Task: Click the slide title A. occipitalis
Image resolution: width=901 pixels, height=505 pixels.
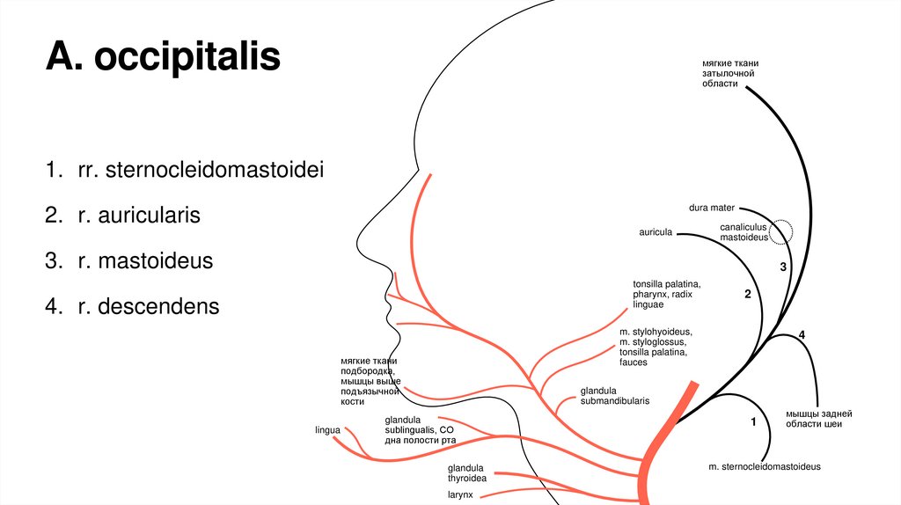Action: coord(164,57)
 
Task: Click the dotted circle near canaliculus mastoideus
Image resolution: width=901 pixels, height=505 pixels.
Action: coord(780,231)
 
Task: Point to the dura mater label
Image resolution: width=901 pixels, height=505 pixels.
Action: coord(711,208)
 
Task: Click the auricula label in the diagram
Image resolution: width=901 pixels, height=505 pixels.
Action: coord(656,232)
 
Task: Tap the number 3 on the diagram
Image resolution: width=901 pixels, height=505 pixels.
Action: coord(781,266)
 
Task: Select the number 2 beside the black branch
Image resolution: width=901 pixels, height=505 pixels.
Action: coord(747,295)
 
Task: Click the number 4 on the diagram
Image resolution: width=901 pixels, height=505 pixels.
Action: coord(802,334)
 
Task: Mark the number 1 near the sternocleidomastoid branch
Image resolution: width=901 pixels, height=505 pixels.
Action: coord(753,422)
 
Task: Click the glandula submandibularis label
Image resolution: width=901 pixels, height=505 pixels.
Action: coord(614,395)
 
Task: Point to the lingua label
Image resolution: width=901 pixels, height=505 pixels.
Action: coord(327,430)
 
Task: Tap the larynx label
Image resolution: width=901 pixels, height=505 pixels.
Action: coord(459,494)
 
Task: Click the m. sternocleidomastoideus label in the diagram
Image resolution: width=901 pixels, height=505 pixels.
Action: coord(764,466)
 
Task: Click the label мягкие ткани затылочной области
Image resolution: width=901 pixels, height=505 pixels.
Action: coord(729,78)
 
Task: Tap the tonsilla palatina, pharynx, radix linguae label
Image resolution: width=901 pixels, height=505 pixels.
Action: coord(666,294)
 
